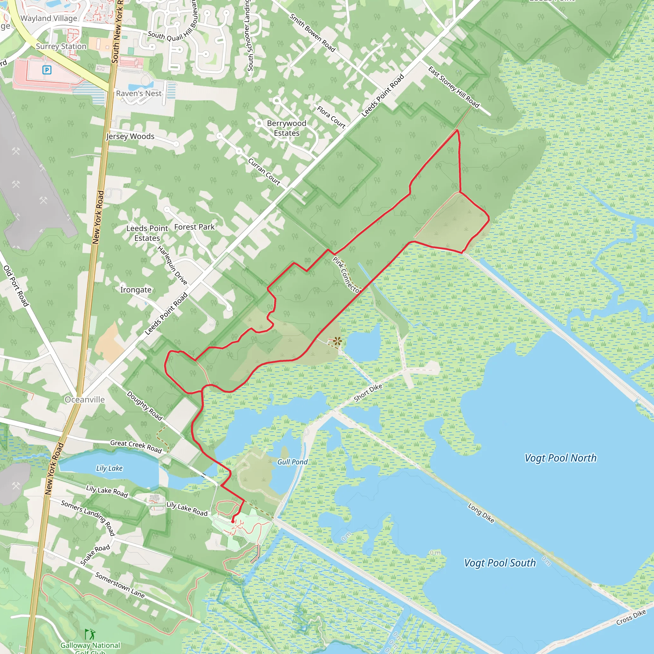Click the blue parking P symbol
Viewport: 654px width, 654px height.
(x=47, y=70)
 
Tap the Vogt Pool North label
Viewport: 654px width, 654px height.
(x=560, y=458)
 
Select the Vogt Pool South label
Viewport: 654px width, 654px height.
(x=500, y=563)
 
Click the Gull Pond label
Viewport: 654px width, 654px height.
(x=293, y=462)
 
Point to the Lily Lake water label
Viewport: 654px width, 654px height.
(x=109, y=468)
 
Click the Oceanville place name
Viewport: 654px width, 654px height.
(x=85, y=399)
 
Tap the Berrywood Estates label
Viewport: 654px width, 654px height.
(x=286, y=128)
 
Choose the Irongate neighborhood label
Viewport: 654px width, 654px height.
(x=136, y=290)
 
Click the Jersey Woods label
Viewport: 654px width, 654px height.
(x=130, y=136)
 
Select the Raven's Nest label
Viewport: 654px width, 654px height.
(x=139, y=94)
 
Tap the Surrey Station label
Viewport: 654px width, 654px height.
(x=61, y=46)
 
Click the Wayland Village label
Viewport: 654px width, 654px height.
(x=49, y=18)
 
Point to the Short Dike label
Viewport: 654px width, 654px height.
(x=368, y=393)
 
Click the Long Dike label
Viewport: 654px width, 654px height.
(x=481, y=513)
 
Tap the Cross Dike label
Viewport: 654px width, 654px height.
(x=631, y=617)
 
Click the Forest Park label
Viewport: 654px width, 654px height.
(x=194, y=227)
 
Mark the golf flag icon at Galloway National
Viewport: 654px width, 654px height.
(x=90, y=634)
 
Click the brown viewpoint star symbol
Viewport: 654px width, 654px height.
(x=337, y=341)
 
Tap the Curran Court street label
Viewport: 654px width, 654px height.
(x=264, y=172)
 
